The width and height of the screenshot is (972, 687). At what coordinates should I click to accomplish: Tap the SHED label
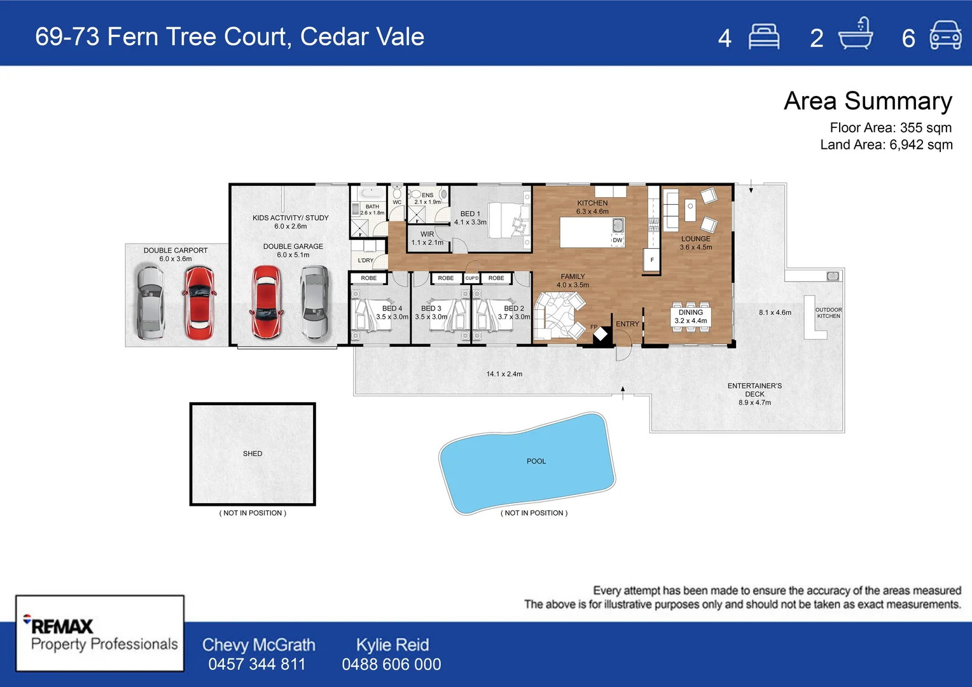(253, 454)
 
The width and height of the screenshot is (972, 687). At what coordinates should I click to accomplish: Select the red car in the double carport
(198, 302)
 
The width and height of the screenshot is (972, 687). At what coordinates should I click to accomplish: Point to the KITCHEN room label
(592, 203)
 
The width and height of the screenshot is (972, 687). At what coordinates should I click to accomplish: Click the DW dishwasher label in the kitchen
(617, 240)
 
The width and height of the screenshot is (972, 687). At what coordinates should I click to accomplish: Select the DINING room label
(691, 312)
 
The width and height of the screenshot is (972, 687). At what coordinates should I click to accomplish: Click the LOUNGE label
(696, 239)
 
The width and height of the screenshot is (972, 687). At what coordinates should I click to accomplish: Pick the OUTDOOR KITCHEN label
(828, 313)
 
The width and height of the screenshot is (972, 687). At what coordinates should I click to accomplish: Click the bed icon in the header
(763, 37)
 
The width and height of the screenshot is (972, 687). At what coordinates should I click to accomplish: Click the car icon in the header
(945, 36)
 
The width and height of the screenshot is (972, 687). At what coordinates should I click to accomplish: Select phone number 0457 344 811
(257, 664)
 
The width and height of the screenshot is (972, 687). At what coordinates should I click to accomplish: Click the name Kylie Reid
(392, 644)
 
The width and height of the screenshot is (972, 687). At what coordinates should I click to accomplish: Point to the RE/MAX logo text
(62, 626)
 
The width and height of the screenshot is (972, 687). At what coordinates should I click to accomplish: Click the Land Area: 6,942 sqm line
(886, 144)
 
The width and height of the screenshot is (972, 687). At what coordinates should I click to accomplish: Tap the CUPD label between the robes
(471, 278)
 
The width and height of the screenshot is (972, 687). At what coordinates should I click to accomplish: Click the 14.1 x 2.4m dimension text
(504, 374)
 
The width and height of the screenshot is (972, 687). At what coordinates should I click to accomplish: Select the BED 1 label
(470, 214)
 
